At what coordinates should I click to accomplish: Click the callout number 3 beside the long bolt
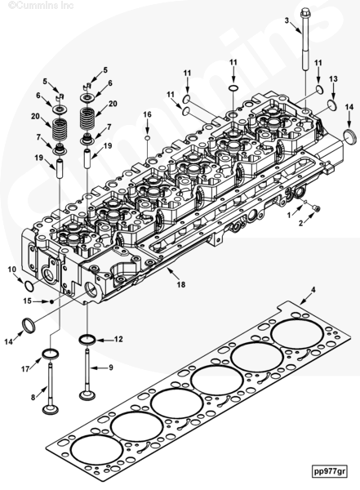pos(287,20)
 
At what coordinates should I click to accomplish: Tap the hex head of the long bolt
pos(304,13)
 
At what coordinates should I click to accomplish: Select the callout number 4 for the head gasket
pos(313,290)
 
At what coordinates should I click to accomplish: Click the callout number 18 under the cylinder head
pos(181,284)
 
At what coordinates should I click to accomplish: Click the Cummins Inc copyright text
pos(41,6)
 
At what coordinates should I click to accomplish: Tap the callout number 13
pos(333,78)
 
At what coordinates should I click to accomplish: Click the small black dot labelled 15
pos(52,301)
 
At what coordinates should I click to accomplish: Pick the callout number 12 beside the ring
pos(118,339)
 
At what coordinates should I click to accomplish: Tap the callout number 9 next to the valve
pos(111,367)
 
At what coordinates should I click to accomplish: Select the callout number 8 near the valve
pos(33,398)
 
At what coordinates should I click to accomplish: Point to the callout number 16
pos(147,114)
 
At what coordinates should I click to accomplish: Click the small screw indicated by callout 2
pos(316,209)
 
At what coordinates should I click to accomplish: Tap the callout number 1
pos(289,216)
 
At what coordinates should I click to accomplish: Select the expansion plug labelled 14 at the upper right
pos(349,136)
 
